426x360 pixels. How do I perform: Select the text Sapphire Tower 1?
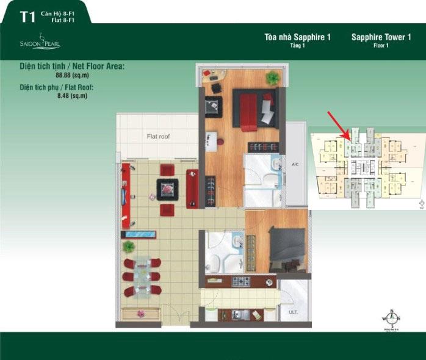pyautogui.click(x=381, y=37)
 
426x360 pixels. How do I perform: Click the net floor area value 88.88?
pyautogui.click(x=63, y=74)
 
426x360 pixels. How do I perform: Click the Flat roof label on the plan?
pyautogui.click(x=157, y=137)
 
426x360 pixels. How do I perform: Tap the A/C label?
pyautogui.click(x=295, y=164)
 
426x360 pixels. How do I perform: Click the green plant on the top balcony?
pyautogui.click(x=272, y=78)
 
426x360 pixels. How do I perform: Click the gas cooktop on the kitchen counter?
pyautogui.click(x=239, y=282)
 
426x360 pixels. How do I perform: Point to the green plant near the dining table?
pyautogui.click(x=129, y=247)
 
